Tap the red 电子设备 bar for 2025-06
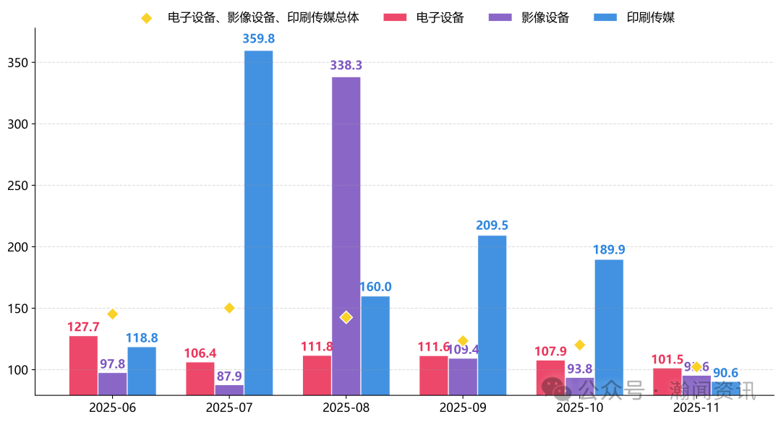pos(83,365)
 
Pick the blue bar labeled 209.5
pos(492,315)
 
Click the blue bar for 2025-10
pos(609,325)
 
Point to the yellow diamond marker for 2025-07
pos(229,308)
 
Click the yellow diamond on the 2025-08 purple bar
pos(346,317)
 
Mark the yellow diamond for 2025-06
pos(112,314)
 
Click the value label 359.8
pos(259,38)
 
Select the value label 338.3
pos(346,65)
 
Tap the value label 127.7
pos(82,327)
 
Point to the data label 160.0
pos(375,287)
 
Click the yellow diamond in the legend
pos(146,18)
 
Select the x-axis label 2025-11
pos(696,407)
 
